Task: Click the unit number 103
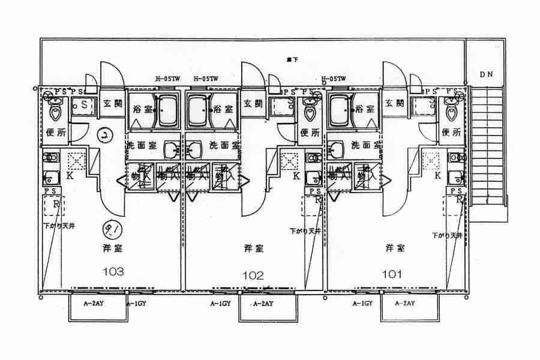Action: pyautogui.click(x=113, y=271)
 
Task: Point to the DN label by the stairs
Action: pyautogui.click(x=486, y=74)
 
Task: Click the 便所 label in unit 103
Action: pyautogui.click(x=56, y=133)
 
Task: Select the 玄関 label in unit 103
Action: pyautogui.click(x=112, y=104)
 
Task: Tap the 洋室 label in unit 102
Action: pyautogui.click(x=253, y=247)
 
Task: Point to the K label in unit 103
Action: pyautogui.click(x=70, y=176)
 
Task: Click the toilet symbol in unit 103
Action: pyautogui.click(x=56, y=111)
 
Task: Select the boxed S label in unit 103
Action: pyautogui.click(x=84, y=104)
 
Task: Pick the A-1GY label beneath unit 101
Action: pyautogui.click(x=362, y=304)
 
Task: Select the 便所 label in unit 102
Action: pyautogui.click(x=308, y=133)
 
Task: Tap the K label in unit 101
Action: pyautogui.click(x=437, y=176)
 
